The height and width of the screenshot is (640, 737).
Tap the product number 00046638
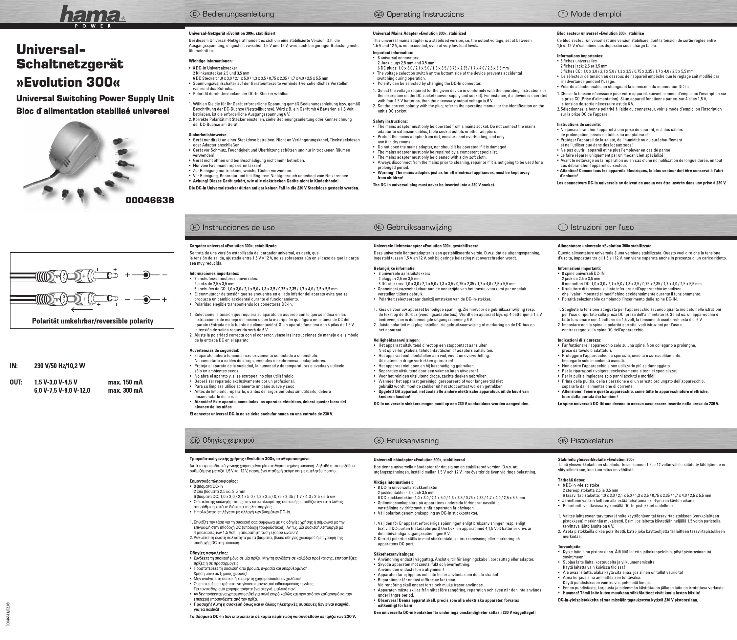pyautogui.click(x=150, y=200)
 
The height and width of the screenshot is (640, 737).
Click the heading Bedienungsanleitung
pyautogui.click(x=238, y=14)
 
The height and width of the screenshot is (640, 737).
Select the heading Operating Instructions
pyautogui.click(x=425, y=14)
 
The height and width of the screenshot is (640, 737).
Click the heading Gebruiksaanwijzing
pyautogui.click(x=419, y=227)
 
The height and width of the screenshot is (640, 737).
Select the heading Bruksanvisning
pyautogui.click(x=412, y=441)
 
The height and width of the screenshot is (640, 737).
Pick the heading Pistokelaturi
pyautogui.click(x=592, y=441)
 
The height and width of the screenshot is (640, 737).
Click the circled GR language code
pyautogui.click(x=195, y=441)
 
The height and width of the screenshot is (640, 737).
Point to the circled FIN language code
pyautogui.click(x=563, y=441)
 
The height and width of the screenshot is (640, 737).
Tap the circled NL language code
pyautogui.click(x=379, y=227)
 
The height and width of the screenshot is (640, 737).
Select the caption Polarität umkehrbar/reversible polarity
pyautogui.click(x=93, y=321)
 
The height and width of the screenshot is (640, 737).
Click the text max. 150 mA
pyautogui.click(x=125, y=383)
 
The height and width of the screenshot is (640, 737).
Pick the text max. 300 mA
pyautogui.click(x=125, y=390)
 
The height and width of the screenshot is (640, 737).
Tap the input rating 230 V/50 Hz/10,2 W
pyautogui.click(x=60, y=366)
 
